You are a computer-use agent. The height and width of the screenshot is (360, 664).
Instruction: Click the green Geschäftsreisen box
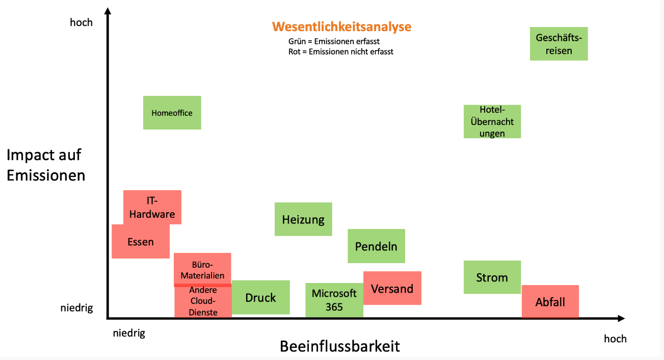[x=559, y=44]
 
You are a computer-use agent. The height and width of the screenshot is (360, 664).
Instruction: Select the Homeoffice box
[x=172, y=113]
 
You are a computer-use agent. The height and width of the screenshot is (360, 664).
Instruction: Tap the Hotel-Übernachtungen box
[x=492, y=121]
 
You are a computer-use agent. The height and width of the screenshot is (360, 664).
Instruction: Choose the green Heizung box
[x=303, y=219]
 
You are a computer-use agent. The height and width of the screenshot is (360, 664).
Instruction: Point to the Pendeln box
[x=376, y=246]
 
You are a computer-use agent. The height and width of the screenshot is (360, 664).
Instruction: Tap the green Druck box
[x=260, y=297]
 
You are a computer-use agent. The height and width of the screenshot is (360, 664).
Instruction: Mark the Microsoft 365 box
[x=334, y=300]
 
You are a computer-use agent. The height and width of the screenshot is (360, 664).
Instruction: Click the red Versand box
[x=392, y=288]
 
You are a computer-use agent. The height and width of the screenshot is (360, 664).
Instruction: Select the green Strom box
[x=492, y=277]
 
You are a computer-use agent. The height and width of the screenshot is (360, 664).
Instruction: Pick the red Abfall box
[x=550, y=302]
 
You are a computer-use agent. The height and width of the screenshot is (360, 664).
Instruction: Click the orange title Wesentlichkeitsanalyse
[x=341, y=27]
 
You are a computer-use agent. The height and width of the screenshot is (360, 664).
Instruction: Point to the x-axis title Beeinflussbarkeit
[x=340, y=346]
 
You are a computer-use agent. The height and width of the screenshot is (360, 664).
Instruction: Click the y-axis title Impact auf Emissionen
[x=46, y=165]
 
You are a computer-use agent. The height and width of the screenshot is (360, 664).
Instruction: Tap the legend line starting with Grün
[x=334, y=41]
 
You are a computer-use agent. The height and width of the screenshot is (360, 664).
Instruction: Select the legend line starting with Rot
[x=341, y=52]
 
